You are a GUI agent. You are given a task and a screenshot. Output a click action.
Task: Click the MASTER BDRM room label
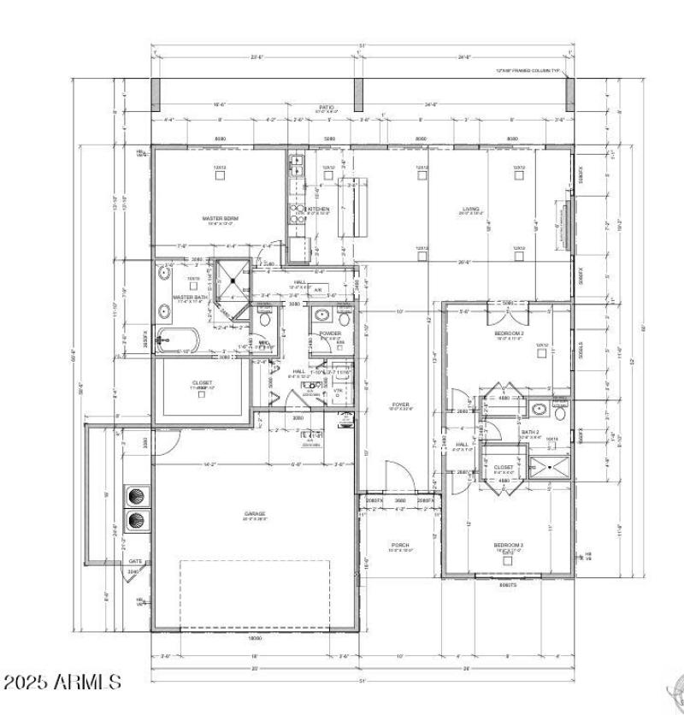point(220,219)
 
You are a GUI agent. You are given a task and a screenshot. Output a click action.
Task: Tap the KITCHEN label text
point(318,210)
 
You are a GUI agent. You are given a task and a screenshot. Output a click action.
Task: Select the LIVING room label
point(470,209)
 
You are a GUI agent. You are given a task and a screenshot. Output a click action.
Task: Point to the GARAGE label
point(255,514)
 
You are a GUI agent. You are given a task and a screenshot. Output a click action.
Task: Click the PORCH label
point(400,545)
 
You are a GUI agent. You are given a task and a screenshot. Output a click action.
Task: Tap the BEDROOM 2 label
point(510,334)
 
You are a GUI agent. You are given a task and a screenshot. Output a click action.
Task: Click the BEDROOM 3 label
point(509,545)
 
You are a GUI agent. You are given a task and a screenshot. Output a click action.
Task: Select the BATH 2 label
point(530,433)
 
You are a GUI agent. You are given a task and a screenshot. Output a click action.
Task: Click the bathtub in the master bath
point(178,340)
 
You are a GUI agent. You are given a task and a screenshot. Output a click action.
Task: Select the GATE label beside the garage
point(135,562)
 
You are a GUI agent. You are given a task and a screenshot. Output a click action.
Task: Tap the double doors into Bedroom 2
point(508,305)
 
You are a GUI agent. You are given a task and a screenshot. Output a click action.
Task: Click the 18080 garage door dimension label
point(255,638)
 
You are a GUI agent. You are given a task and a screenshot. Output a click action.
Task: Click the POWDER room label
point(330,334)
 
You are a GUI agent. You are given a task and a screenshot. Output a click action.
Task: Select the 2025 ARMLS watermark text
point(62,682)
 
